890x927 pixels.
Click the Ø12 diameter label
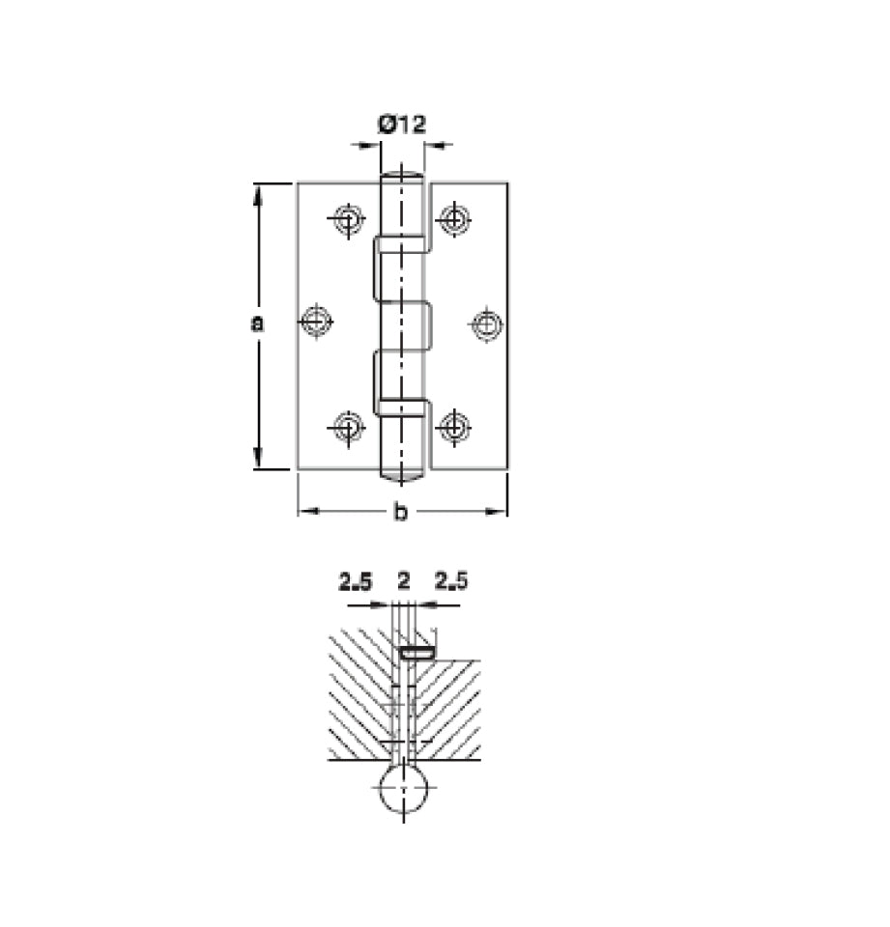coord(402,125)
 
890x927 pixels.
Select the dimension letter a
coord(257,323)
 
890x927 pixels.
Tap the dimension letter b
coord(401,512)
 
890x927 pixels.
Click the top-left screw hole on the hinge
coord(348,220)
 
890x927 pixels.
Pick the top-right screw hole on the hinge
coord(454,219)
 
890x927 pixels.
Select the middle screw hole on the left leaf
coord(317,322)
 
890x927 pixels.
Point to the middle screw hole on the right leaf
coord(487,324)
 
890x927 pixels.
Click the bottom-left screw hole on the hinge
coord(348,427)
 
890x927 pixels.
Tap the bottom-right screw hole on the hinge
coord(454,426)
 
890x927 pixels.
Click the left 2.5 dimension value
coord(355,581)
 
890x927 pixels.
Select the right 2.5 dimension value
coord(451,581)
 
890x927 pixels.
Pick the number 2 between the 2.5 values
coord(404,581)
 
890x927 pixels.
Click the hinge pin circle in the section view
coord(404,788)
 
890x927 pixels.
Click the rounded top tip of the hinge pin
coord(402,172)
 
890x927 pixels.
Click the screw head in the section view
coord(417,654)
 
